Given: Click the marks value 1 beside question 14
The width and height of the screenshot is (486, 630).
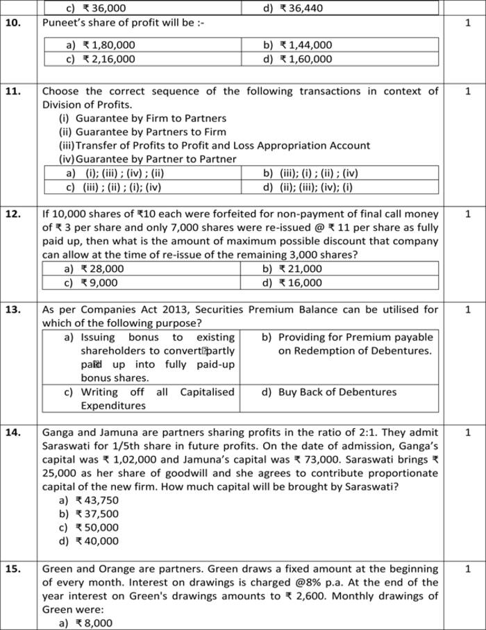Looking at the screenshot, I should click(467, 432).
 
